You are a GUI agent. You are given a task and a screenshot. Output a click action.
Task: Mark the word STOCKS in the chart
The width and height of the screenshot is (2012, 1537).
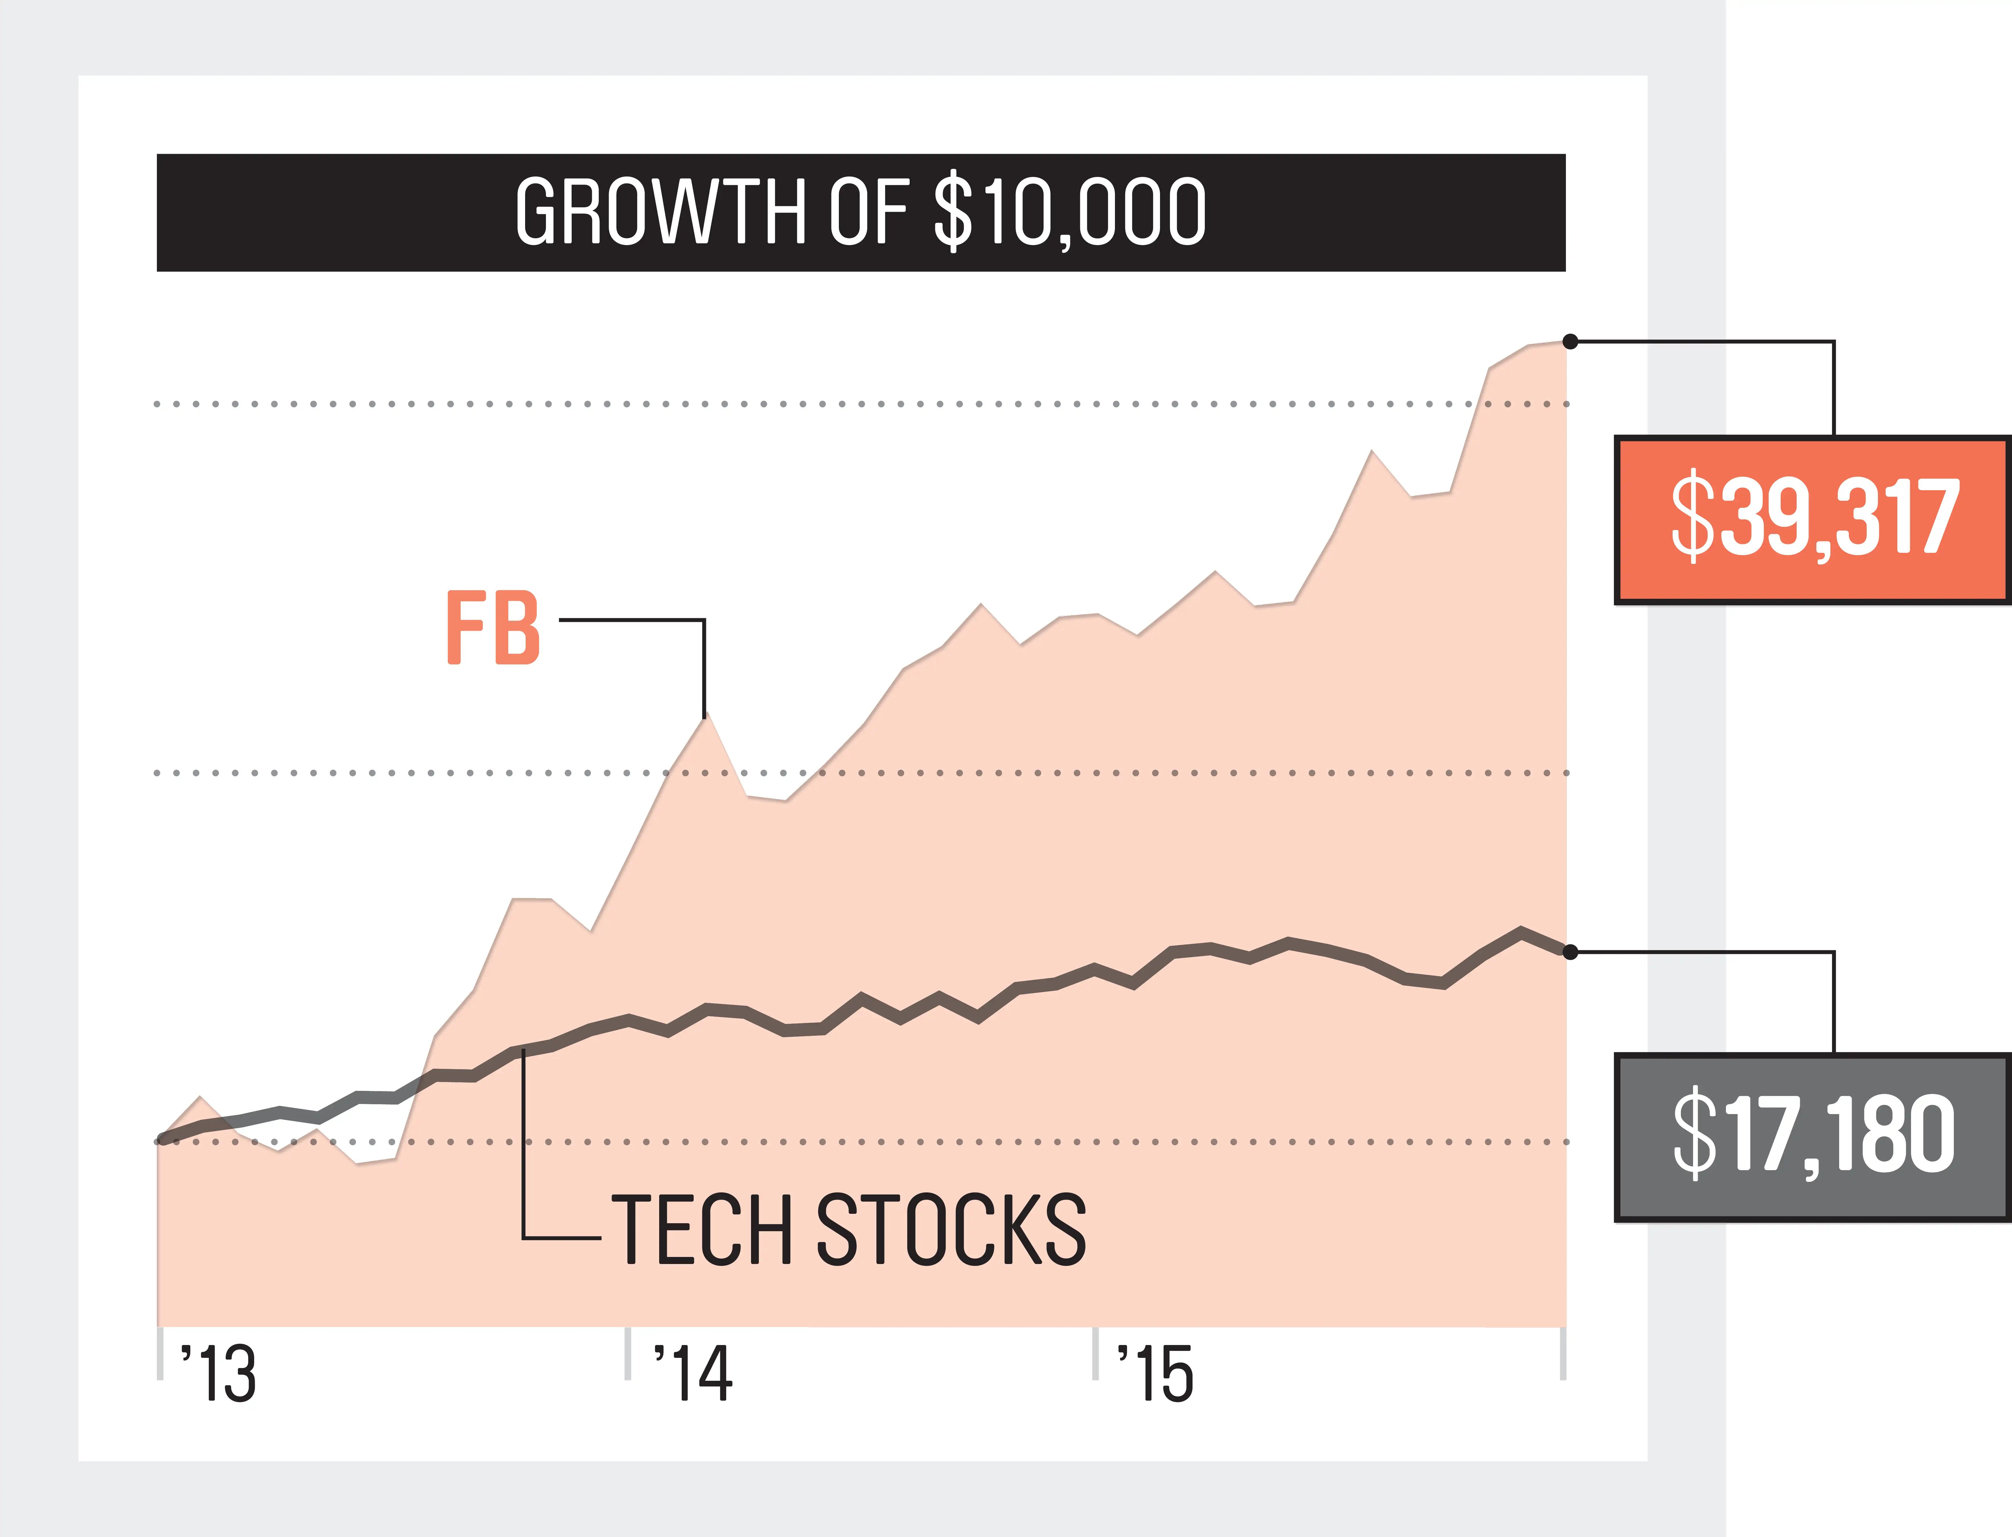[x=951, y=1231]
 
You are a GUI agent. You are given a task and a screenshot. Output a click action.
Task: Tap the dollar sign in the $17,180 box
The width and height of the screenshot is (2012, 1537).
[x=1694, y=1134]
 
